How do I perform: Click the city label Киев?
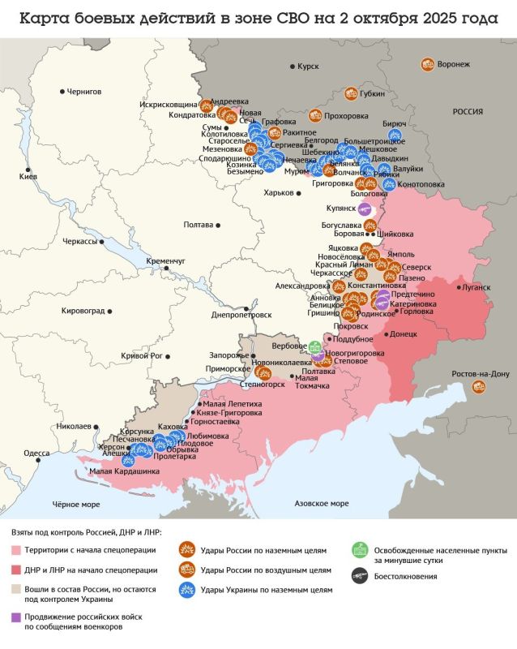click(28, 176)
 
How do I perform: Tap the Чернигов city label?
click(84, 92)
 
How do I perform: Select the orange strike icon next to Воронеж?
click(427, 63)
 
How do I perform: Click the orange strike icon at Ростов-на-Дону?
click(478, 387)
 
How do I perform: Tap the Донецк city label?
click(403, 333)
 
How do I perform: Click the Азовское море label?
click(323, 503)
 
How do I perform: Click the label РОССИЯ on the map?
click(468, 112)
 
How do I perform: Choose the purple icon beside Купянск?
click(366, 208)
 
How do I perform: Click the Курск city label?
click(308, 65)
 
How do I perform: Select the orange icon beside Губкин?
click(351, 93)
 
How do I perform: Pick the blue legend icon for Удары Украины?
click(186, 589)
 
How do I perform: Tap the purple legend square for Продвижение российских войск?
click(18, 617)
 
